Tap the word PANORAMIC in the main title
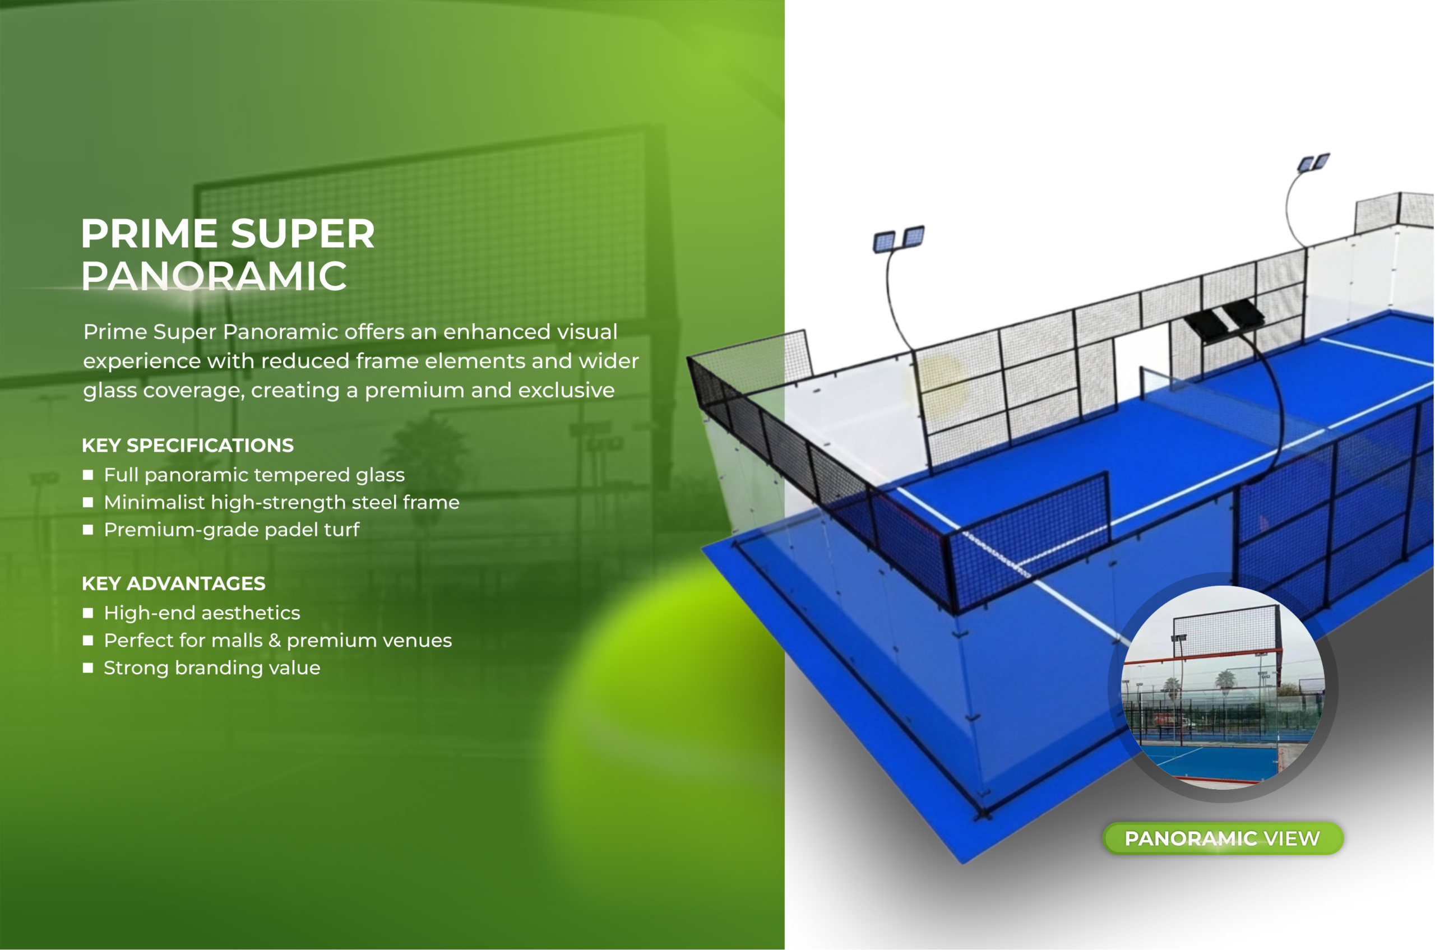tap(215, 276)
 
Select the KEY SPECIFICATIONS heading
tap(188, 446)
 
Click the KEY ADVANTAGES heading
tap(174, 583)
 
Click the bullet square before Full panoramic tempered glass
tap(89, 475)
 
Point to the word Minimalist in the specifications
tap(155, 502)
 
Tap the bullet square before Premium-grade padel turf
tap(89, 530)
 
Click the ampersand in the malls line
tap(275, 641)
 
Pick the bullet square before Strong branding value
tap(89, 668)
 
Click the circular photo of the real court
tap(1223, 688)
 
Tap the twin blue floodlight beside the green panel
tap(899, 240)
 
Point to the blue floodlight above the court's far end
tap(1313, 163)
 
